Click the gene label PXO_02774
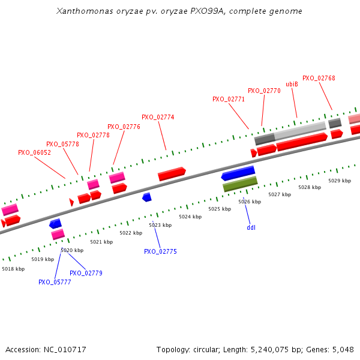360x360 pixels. tap(158, 118)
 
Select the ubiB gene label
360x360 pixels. tap(292, 84)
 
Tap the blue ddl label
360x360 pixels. tap(251, 228)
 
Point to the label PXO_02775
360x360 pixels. tap(160, 252)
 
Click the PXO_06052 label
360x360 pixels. tap(34, 153)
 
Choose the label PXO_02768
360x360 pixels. tap(319, 78)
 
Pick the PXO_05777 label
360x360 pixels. tap(55, 282)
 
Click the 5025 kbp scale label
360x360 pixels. tap(220, 209)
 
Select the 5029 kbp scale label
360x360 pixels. tap(340, 181)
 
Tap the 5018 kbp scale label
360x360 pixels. tap(13, 269)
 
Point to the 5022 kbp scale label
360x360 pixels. tap(131, 233)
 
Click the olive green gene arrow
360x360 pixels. tap(240, 184)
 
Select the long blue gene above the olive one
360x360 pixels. tap(238, 173)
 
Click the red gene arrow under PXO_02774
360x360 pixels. tap(172, 174)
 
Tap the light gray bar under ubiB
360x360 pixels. tap(300, 130)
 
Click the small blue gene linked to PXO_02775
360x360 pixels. tap(147, 197)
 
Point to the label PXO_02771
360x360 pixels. tap(229, 99)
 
